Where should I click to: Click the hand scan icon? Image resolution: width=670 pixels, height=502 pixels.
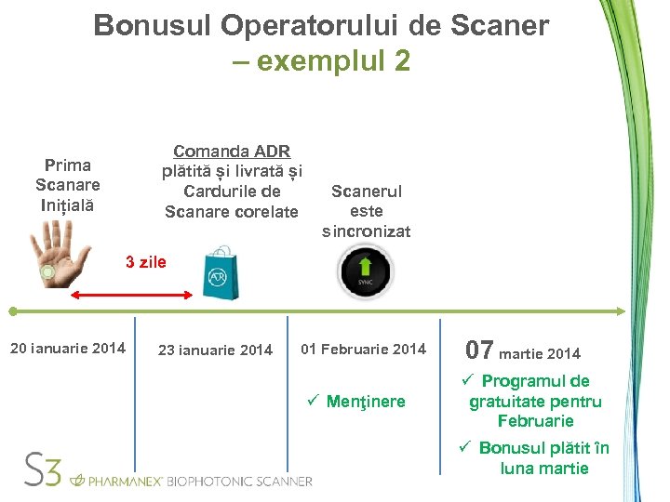[x=58, y=258]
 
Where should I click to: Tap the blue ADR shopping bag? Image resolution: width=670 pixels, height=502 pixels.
[x=221, y=272]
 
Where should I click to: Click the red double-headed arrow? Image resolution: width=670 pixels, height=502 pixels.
[x=132, y=294]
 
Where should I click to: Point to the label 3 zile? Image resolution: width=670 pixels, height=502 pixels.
[x=146, y=262]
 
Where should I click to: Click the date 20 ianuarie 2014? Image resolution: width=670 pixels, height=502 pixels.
[x=67, y=349]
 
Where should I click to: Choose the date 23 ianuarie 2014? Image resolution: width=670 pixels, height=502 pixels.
[x=215, y=350]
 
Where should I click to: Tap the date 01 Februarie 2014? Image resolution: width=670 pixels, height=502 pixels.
[x=363, y=350]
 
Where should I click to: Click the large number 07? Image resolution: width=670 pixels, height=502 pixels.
[x=479, y=350]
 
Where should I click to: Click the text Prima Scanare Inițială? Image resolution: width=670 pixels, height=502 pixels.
[x=68, y=185]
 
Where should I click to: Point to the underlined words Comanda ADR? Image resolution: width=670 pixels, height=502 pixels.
[x=232, y=152]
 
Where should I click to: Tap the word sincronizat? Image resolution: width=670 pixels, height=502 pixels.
[x=366, y=231]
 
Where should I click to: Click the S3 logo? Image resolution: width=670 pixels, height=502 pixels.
[x=43, y=470]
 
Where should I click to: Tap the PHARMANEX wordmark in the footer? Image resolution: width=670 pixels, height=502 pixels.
[x=124, y=481]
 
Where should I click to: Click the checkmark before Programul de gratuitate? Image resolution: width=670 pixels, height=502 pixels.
[x=469, y=381]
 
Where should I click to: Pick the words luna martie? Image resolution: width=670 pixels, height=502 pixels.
[x=544, y=468]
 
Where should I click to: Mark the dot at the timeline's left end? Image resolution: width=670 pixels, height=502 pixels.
[x=12, y=311]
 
